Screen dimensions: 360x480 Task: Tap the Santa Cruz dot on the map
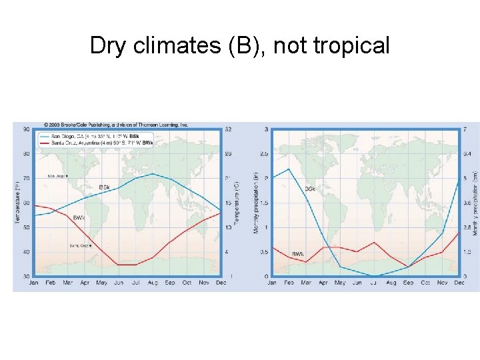(92, 245)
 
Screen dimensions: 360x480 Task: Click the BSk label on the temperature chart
(105, 187)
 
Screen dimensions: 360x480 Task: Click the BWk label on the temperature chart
(79, 218)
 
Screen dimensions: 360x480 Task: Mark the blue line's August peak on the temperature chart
(153, 173)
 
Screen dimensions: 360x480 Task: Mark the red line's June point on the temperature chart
(119, 265)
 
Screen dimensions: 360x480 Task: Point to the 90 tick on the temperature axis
(26, 129)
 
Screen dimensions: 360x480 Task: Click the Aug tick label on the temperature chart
(153, 283)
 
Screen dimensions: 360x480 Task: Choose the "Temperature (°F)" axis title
(17, 202)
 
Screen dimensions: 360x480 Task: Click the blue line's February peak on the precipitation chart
(289, 169)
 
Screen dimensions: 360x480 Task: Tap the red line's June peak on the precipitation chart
(375, 242)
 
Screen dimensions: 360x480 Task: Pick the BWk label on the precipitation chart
(299, 254)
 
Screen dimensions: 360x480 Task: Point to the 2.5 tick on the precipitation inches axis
(265, 153)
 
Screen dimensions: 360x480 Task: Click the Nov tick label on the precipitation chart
(443, 283)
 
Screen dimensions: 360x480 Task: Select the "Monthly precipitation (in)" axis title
(256, 202)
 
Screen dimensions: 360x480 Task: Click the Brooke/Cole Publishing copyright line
(116, 125)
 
